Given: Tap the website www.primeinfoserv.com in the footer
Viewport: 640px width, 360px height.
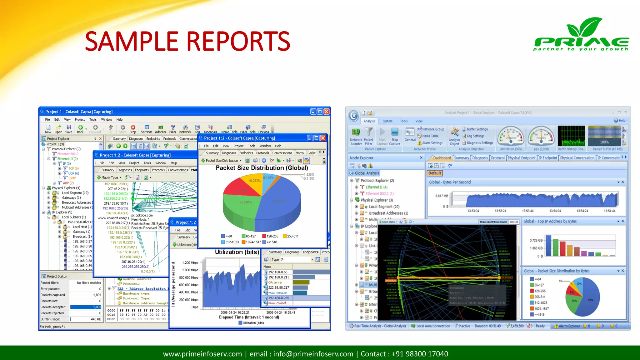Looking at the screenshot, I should point(202,354).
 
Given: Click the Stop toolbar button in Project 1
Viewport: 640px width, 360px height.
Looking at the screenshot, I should point(133,129).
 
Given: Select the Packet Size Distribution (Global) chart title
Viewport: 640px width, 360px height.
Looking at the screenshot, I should point(262,168).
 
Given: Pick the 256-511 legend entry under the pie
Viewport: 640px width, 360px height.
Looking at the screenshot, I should point(292,236).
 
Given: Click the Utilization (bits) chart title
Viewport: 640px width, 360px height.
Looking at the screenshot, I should point(237,252).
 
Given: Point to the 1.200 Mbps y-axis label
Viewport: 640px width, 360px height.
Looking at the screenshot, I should point(190,263).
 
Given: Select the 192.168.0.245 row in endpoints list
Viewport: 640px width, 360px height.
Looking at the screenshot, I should point(278,298).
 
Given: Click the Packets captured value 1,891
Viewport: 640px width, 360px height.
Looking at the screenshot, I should point(97,295).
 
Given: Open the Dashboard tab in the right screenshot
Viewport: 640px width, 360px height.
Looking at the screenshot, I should point(442,158).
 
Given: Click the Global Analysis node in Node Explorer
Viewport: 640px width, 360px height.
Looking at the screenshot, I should point(367,173).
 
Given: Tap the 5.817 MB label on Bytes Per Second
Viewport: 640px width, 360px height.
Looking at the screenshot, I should point(442,196).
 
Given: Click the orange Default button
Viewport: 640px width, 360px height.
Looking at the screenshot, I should point(434,173).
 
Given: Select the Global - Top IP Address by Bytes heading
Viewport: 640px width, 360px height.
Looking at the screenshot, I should point(550,221).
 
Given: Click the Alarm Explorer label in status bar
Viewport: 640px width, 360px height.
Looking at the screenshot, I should point(569,326).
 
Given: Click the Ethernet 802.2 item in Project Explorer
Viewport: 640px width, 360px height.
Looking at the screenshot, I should point(68,154).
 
